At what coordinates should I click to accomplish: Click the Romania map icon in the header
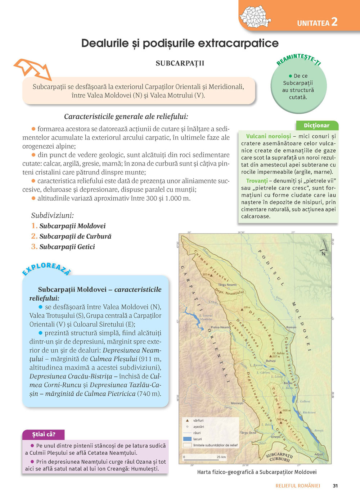255,17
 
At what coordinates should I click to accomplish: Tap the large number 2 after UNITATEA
334,22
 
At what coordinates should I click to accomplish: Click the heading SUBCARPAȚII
180,63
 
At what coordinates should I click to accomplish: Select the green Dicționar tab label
316,126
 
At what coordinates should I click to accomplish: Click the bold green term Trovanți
257,181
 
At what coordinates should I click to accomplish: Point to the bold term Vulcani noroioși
268,136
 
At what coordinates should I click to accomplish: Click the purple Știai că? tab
44,434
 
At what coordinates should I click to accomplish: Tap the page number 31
335,486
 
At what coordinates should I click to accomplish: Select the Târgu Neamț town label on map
228,285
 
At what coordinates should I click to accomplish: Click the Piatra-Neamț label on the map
220,327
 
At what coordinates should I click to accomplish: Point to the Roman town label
291,327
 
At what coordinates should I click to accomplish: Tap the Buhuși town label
271,361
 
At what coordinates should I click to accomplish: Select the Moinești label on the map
237,403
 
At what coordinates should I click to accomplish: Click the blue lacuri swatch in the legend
187,439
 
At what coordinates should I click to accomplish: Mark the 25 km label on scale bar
221,457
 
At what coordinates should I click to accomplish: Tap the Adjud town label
319,454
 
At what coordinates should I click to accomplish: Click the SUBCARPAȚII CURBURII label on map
279,457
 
